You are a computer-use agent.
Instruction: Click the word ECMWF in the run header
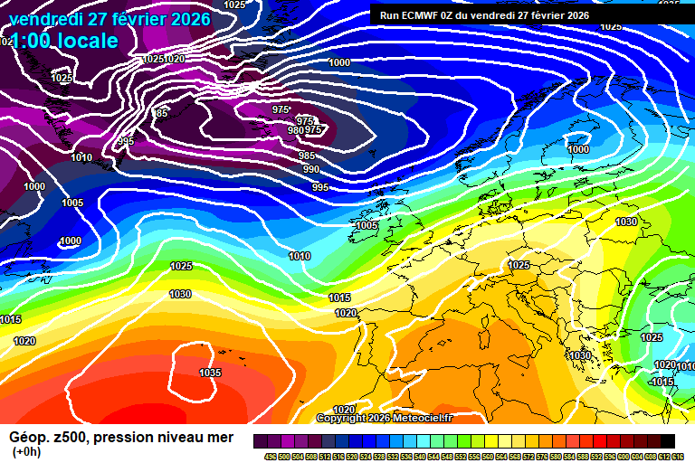click(426, 15)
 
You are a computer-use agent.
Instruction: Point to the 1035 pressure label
click(210, 373)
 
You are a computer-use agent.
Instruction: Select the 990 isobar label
click(311, 169)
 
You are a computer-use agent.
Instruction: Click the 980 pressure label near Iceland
click(295, 130)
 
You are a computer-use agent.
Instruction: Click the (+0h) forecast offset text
click(25, 451)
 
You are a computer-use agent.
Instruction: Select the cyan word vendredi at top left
click(45, 19)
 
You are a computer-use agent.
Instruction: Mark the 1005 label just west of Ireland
click(367, 225)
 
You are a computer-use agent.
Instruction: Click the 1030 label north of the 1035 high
click(180, 294)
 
